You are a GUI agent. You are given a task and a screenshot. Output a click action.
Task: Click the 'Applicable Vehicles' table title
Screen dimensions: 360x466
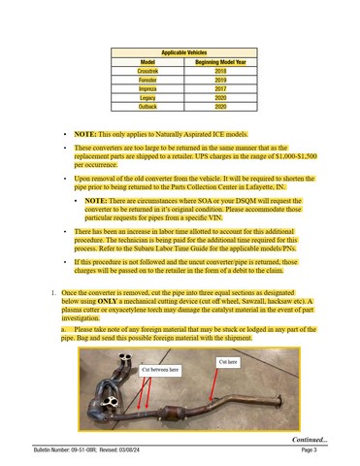coord(184,52)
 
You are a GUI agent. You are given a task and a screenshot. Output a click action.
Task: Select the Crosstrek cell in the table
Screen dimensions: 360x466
coord(147,71)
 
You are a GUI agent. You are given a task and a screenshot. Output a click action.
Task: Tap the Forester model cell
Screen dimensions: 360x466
coord(147,80)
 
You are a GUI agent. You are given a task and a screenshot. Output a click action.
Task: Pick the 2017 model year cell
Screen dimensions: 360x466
coord(220,88)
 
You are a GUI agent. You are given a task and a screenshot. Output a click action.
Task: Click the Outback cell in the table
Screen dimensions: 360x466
coord(147,107)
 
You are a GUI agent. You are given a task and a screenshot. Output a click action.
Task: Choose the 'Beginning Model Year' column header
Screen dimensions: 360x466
coord(220,62)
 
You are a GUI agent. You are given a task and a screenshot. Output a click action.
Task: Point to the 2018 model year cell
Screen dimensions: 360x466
coord(220,71)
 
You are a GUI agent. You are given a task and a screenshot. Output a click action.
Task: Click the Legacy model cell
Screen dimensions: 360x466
coord(147,98)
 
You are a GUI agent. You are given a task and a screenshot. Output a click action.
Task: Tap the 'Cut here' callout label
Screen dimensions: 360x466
coord(228,362)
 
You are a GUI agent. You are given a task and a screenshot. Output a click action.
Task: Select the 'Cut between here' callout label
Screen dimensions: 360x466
coord(160,370)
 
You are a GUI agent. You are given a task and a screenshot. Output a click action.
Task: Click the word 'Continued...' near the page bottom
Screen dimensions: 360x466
coord(310,440)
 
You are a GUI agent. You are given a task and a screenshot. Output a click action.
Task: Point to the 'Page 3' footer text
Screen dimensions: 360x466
coord(309,449)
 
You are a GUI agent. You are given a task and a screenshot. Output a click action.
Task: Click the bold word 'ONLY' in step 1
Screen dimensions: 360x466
coord(107,301)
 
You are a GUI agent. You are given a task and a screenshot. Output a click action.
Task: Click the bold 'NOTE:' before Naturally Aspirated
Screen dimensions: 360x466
coord(85,134)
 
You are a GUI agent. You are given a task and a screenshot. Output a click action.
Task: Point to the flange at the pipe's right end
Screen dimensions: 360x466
coord(278,401)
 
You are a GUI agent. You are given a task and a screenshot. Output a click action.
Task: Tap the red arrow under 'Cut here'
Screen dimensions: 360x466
coord(213,384)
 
